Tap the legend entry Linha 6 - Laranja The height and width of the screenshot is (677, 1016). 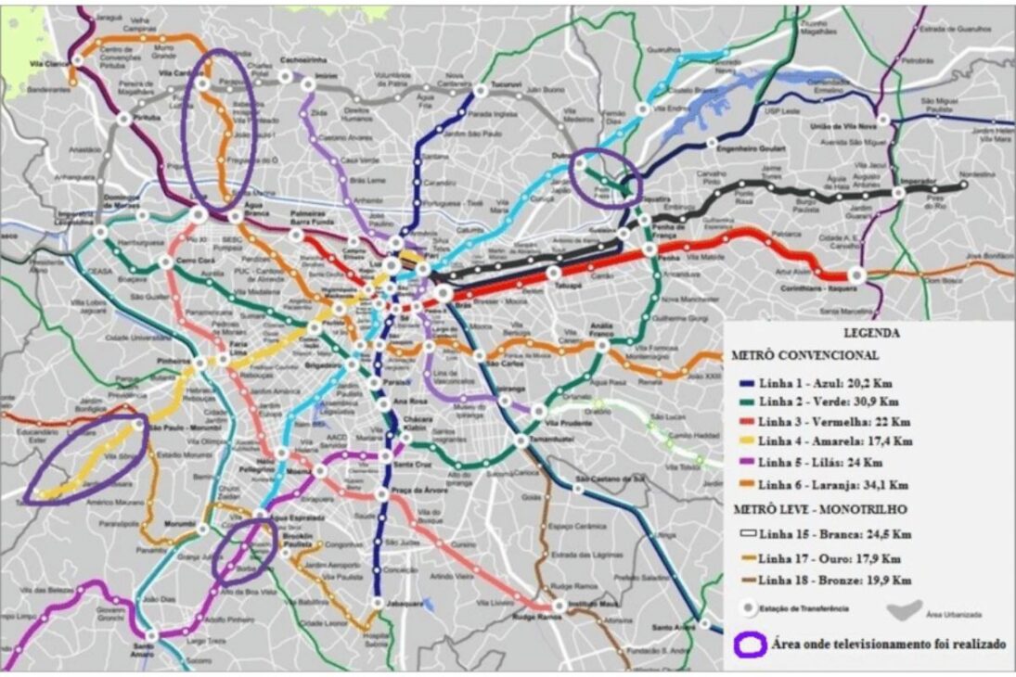click(819, 483)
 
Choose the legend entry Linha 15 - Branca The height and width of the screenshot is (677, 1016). click(817, 534)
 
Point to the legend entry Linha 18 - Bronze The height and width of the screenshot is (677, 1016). click(820, 580)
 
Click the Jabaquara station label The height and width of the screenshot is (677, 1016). click(405, 603)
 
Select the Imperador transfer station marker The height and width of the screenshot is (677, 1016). click(897, 193)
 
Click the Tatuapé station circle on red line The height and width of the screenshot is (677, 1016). click(554, 273)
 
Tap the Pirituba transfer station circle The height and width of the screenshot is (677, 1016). click(123, 119)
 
